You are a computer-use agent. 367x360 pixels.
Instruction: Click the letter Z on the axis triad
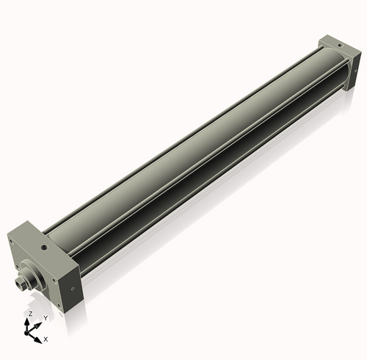(29, 313)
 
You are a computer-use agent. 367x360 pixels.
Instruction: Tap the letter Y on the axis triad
(45, 317)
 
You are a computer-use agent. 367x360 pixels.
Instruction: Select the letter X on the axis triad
(46, 339)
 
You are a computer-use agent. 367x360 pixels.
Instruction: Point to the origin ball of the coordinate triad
(30, 331)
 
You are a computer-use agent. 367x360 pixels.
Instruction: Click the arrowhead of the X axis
(37, 338)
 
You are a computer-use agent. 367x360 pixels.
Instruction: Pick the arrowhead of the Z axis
(29, 320)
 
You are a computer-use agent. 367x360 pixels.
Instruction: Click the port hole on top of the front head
(46, 248)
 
